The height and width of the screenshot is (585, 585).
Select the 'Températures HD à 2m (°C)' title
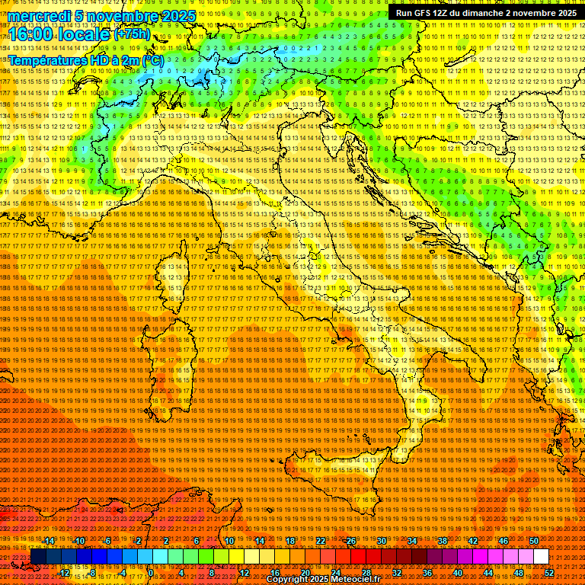85,60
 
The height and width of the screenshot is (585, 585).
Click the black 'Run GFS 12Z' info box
485,13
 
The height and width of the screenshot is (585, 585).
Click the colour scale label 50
533,540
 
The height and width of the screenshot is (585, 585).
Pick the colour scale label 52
548,573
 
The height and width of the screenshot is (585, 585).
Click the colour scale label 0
151,573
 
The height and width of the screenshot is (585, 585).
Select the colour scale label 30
381,540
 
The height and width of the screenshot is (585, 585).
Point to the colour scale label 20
305,573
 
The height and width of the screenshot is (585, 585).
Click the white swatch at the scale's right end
541,557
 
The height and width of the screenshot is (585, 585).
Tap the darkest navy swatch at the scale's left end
38,557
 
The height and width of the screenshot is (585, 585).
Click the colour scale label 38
442,540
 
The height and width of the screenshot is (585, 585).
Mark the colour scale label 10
229,540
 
